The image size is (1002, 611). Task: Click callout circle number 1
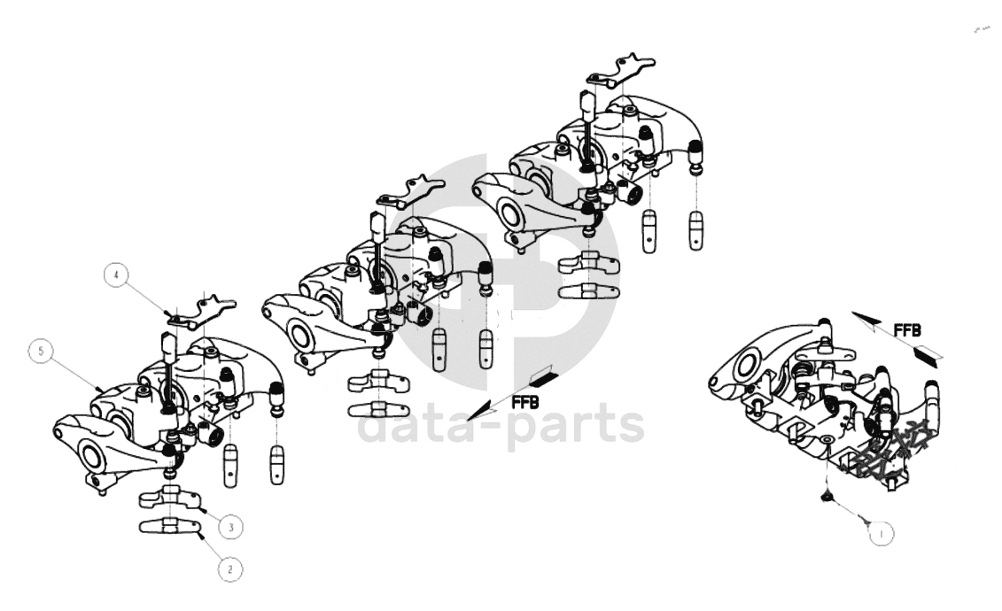pos(882,534)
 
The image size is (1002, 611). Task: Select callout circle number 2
pos(230,568)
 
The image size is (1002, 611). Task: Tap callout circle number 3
pos(230,528)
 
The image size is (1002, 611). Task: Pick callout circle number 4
pos(116,275)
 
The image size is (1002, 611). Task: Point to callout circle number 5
pos(41,352)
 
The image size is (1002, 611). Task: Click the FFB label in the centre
pos(525,402)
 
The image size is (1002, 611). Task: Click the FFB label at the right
pos(907,330)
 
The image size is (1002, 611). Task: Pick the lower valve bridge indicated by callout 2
pos(170,526)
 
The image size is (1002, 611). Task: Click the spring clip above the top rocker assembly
pos(621,72)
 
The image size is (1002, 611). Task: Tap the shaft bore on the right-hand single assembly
pos(746,365)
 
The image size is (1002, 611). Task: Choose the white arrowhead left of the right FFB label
pos(869,320)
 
